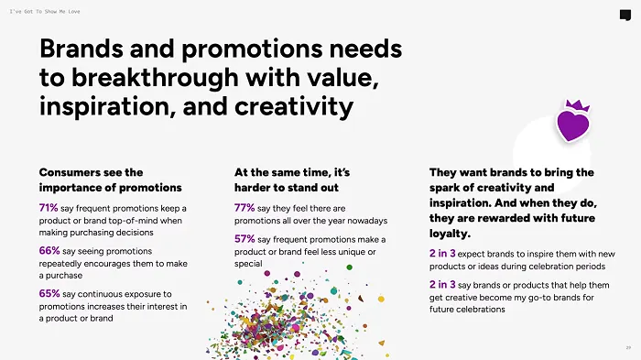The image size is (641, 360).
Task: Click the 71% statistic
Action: [49, 208]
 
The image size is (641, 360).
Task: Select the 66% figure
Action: [49, 250]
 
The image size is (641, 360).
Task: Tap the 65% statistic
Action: [49, 293]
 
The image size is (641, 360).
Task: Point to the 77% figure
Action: [244, 208]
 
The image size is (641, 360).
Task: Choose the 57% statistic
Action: [244, 238]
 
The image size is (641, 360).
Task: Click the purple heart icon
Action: [573, 125]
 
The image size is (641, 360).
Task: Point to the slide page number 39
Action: [628, 347]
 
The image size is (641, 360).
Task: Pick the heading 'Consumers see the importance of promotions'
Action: [92, 179]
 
